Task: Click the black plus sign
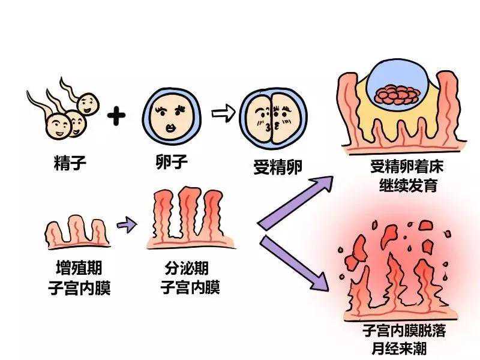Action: [118, 116]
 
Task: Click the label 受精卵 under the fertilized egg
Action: [269, 166]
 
